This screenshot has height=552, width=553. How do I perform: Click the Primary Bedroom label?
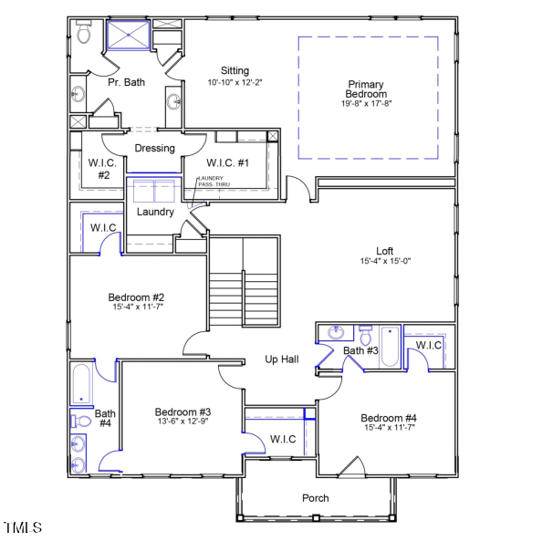pyautogui.click(x=366, y=89)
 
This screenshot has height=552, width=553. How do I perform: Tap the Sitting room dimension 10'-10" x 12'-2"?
pyautogui.click(x=235, y=82)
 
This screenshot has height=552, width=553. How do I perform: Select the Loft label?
pyautogui.click(x=385, y=251)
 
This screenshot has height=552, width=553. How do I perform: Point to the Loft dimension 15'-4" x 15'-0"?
pyautogui.click(x=385, y=261)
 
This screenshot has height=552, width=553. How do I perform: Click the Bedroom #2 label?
pyautogui.click(x=136, y=297)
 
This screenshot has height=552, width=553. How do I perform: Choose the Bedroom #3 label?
pyautogui.click(x=183, y=411)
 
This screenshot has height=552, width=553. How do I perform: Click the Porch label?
pyautogui.click(x=316, y=498)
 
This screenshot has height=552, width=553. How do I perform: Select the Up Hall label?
pyautogui.click(x=282, y=359)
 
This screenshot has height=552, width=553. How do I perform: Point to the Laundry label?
pyautogui.click(x=155, y=212)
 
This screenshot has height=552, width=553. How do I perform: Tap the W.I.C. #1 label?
pyautogui.click(x=228, y=162)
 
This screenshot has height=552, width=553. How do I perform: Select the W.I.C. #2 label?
pyautogui.click(x=99, y=168)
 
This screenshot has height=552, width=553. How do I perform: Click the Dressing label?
pyautogui.click(x=154, y=148)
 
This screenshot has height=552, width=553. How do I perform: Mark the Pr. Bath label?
pyautogui.click(x=126, y=82)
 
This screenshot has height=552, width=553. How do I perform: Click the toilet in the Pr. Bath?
pyautogui.click(x=84, y=34)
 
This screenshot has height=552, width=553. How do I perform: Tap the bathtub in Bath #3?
pyautogui.click(x=390, y=347)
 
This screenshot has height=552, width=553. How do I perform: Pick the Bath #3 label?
pyautogui.click(x=360, y=350)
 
